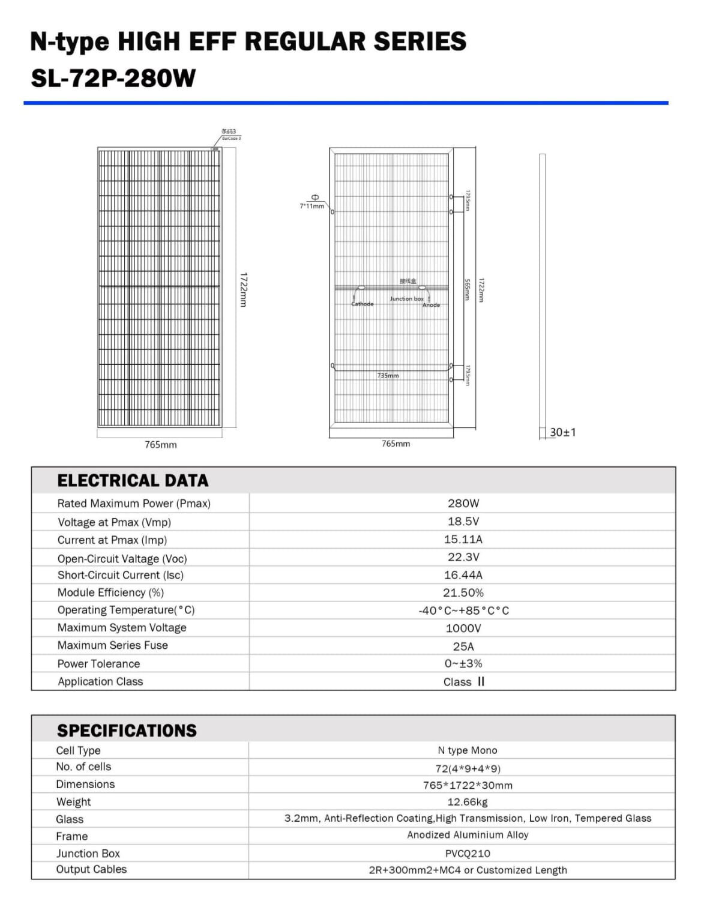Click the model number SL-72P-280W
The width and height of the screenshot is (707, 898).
pyautogui.click(x=113, y=78)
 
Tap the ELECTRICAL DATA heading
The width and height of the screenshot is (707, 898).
pyautogui.click(x=133, y=480)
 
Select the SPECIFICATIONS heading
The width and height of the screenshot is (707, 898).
pyautogui.click(x=127, y=730)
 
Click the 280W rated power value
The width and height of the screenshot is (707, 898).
pyautogui.click(x=463, y=503)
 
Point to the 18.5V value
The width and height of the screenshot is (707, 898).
pyautogui.click(x=463, y=521)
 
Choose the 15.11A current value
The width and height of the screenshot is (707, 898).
pyautogui.click(x=463, y=539)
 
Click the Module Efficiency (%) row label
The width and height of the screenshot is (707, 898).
pyautogui.click(x=110, y=592)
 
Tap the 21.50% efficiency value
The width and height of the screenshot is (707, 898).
pyautogui.click(x=463, y=592)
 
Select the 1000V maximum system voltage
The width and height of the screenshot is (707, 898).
pyautogui.click(x=463, y=628)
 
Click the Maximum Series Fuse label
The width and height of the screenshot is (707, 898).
pyautogui.click(x=113, y=645)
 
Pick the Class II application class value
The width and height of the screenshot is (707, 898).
pyautogui.click(x=464, y=681)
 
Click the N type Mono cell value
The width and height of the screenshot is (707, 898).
pyautogui.click(x=468, y=750)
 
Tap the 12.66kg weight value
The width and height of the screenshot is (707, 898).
pyautogui.click(x=468, y=802)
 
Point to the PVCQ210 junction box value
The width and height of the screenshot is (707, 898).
pyautogui.click(x=468, y=853)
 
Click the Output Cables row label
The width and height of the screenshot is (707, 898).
pyautogui.click(x=91, y=869)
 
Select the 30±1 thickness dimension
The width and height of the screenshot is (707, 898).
pyautogui.click(x=562, y=432)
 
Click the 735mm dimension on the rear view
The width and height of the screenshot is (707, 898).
pyautogui.click(x=388, y=376)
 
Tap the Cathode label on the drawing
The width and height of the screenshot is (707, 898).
pyautogui.click(x=363, y=304)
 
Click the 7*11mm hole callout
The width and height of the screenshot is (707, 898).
pyautogui.click(x=312, y=206)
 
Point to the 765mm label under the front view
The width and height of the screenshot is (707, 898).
pyautogui.click(x=161, y=445)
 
